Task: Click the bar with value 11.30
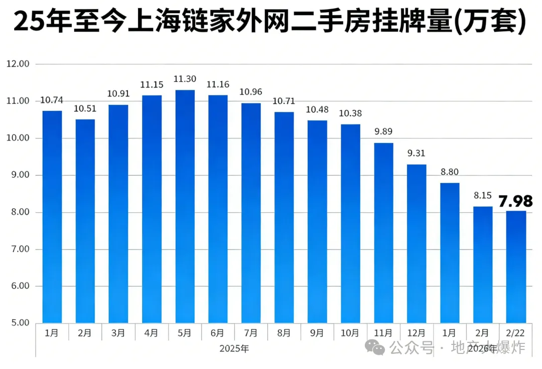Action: coord(185,206)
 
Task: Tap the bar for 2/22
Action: coord(516,267)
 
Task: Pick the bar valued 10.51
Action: coord(85,221)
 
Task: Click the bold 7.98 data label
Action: coord(515,202)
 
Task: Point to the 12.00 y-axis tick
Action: coord(18,64)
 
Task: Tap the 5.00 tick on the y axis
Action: coord(18,323)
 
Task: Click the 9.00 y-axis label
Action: coord(18,175)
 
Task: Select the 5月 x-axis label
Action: coord(185,333)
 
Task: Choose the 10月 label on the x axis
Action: coord(350,333)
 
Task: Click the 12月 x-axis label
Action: coord(417,333)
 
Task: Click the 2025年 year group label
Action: coord(234,348)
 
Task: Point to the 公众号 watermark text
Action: coord(412,347)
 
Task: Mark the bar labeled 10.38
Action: coord(351,223)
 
